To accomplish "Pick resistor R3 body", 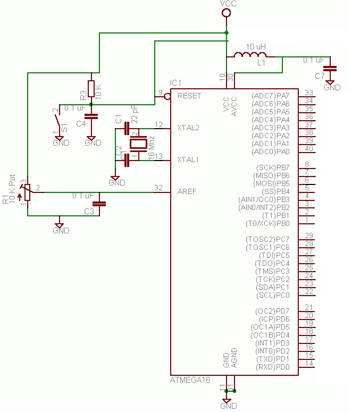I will [91, 88].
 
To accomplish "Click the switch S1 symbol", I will [58, 119].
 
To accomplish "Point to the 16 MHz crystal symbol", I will [138, 143].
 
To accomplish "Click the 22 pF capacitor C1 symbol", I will [127, 128].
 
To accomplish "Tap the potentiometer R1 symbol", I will [27, 194].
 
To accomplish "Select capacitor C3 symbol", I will [99, 204].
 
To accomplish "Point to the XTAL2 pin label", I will [188, 128].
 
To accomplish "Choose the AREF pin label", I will [187, 191].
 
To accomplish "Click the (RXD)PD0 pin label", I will [273, 367].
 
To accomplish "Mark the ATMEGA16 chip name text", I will [190, 380].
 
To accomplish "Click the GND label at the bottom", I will [228, 406].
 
